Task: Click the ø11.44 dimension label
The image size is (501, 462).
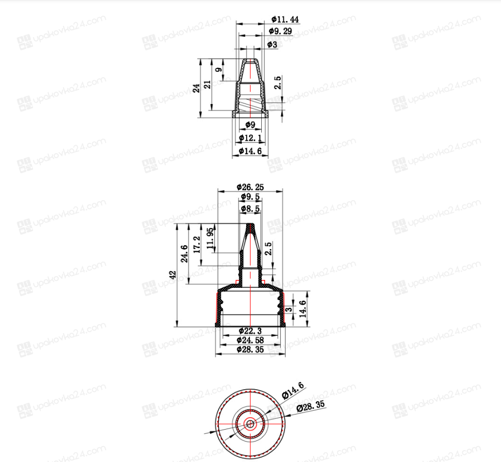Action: tap(285, 19)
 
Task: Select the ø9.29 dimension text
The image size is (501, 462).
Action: tap(280, 31)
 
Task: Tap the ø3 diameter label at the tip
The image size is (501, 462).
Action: tap(272, 44)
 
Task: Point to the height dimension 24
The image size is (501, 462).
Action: tap(197, 88)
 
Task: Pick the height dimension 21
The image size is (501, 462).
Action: tap(207, 85)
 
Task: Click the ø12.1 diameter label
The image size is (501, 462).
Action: tap(250, 138)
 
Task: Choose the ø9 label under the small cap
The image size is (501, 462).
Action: tap(250, 125)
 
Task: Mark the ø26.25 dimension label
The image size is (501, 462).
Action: tap(250, 187)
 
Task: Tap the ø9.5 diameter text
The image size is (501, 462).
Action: tap(250, 197)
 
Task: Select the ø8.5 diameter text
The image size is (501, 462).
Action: tap(250, 209)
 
